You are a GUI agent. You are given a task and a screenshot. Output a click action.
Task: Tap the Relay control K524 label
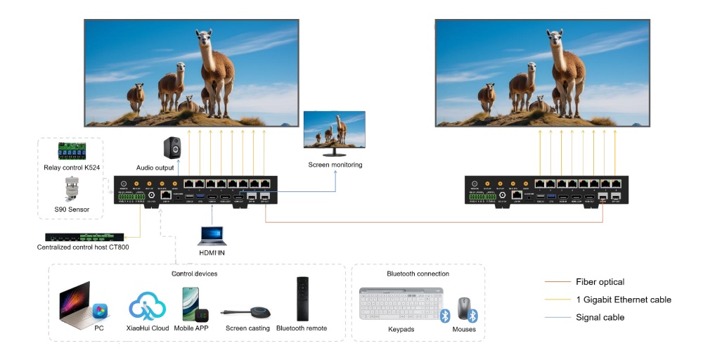point(71,167)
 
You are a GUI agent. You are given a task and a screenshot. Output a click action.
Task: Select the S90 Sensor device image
point(70,190)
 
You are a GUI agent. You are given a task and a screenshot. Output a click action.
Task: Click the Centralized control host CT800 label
point(83,247)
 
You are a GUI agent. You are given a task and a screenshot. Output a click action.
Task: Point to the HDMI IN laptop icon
point(211,236)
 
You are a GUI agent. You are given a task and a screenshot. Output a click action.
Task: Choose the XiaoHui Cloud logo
point(148,306)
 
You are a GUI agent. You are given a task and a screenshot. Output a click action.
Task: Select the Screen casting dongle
point(247,313)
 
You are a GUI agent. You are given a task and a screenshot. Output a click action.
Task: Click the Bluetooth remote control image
point(302,298)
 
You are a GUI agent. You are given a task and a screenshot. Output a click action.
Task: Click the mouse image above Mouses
point(464,308)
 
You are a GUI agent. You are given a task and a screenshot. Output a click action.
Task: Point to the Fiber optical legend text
point(600,282)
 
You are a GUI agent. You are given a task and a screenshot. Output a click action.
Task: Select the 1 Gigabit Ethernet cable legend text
point(623,300)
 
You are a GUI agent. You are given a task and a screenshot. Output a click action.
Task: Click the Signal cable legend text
point(600,317)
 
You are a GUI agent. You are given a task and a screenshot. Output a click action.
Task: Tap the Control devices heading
point(195,273)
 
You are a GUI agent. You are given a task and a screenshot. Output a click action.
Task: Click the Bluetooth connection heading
point(418,274)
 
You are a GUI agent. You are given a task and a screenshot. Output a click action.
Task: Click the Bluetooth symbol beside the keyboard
point(445,316)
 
